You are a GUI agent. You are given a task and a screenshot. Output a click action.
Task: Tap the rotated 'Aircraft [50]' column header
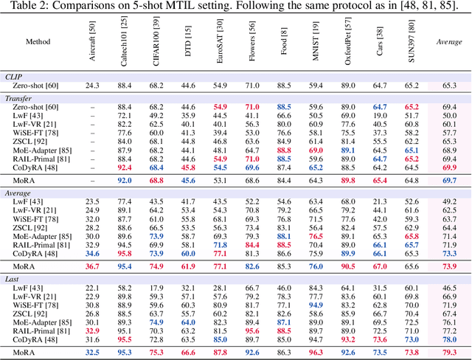click(x=92, y=49)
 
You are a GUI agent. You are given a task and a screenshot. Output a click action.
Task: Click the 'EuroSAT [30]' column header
click(x=221, y=48)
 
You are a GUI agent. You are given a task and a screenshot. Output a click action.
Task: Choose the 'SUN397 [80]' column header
click(x=412, y=49)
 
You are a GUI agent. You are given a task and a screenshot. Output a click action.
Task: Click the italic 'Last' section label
click(x=13, y=277)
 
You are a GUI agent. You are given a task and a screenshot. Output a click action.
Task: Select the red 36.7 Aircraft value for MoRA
click(x=92, y=266)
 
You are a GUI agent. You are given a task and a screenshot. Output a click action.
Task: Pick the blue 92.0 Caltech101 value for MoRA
click(x=124, y=179)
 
